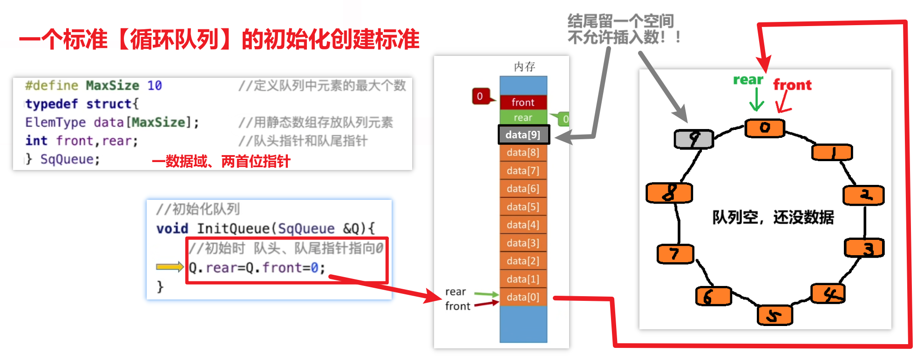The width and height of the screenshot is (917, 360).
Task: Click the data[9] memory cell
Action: (523, 135)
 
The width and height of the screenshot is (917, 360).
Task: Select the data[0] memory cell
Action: (523, 297)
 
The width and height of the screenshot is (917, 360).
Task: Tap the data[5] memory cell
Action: (523, 206)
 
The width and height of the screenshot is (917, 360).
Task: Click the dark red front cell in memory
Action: (523, 102)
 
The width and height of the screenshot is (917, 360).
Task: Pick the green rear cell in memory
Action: (523, 117)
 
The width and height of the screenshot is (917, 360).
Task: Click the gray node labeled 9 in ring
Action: (694, 138)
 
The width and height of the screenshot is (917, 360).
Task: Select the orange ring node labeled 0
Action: (765, 128)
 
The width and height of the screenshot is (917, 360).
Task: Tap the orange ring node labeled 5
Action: (774, 316)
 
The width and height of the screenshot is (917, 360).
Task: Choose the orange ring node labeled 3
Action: (865, 248)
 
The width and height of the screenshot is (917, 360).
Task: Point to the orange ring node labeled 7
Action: (675, 254)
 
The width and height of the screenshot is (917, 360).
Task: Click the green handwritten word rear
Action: (748, 80)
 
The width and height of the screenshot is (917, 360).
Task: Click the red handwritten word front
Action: (792, 85)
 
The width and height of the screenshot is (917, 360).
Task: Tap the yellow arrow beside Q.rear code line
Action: (170, 267)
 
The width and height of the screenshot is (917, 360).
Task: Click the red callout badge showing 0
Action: (480, 96)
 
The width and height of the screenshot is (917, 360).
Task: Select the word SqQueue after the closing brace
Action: (70, 159)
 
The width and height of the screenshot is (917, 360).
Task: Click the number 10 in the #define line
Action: (155, 85)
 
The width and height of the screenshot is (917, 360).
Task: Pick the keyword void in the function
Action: (172, 229)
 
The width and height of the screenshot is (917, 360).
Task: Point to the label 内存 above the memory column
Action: (524, 67)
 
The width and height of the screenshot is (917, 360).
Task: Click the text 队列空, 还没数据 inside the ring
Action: (773, 217)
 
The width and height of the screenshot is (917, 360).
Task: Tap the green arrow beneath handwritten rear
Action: (757, 99)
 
